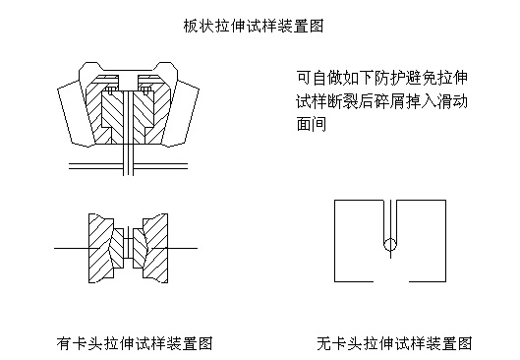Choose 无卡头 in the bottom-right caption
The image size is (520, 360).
pyautogui.click(x=340, y=343)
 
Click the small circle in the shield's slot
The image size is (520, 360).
pyautogui.click(x=390, y=245)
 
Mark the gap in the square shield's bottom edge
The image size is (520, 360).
pyautogui.click(x=391, y=281)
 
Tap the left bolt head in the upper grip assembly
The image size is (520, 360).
pyautogui.click(x=110, y=90)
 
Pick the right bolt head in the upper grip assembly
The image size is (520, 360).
pyautogui.click(x=145, y=90)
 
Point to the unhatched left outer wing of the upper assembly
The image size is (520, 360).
pyautogui.click(x=72, y=113)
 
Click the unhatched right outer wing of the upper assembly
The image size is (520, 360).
pyautogui.click(x=185, y=113)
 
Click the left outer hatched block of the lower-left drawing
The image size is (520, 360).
pyautogui.click(x=99, y=248)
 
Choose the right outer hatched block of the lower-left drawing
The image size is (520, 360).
pyautogui.click(x=156, y=248)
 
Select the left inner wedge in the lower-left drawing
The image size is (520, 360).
pyautogui.click(x=117, y=248)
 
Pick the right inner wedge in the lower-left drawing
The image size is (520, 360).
pyautogui.click(x=140, y=248)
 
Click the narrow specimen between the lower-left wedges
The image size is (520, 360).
pyautogui.click(x=128, y=248)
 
